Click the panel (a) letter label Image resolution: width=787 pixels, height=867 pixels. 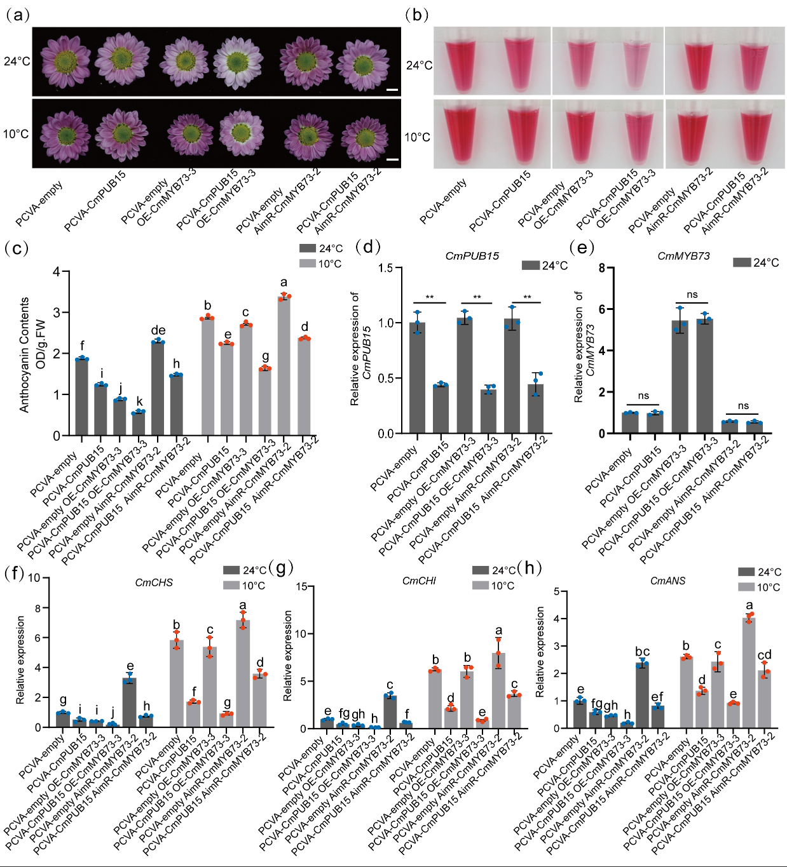coord(17,15)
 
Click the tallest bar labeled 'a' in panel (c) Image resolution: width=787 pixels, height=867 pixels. coord(284,365)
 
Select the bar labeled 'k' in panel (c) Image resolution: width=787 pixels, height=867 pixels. coord(139,423)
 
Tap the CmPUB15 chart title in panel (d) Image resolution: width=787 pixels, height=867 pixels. coord(472,256)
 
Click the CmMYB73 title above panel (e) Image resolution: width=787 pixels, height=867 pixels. coord(683,256)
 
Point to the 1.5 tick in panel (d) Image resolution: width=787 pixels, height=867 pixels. coord(386,268)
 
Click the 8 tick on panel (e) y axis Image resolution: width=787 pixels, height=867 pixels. coord(601,268)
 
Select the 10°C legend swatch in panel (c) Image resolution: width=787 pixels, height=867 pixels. coord(308,264)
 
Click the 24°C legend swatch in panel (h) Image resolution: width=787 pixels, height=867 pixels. coord(746,572)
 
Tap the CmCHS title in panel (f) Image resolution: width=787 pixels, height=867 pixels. coord(154,582)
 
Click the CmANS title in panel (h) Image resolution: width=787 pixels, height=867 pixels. coord(667,581)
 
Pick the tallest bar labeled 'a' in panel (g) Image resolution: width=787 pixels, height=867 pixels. coord(498,690)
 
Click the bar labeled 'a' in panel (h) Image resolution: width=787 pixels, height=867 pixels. coord(749,673)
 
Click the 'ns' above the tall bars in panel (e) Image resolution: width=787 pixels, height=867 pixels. coord(692,295)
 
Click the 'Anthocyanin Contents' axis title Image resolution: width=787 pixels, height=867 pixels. coord(25,354)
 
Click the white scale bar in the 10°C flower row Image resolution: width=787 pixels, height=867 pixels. coord(392,159)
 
